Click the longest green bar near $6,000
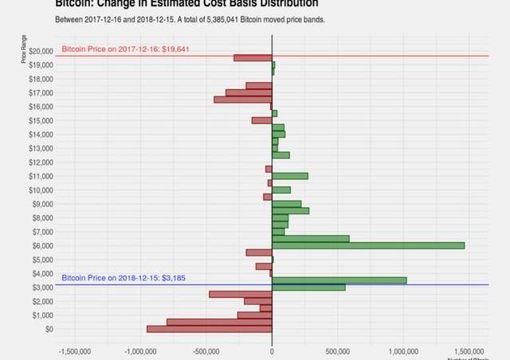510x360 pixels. tap(368, 245)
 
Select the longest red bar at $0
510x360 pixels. tap(210, 329)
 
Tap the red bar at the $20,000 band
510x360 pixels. tap(253, 58)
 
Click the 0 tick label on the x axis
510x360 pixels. tap(272, 351)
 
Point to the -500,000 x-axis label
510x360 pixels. tap(206, 351)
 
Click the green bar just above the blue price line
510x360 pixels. tap(339, 280)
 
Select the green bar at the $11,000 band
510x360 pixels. tap(290, 176)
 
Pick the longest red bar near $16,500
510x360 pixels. tap(243, 100)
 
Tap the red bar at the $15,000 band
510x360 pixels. tap(261, 120)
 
